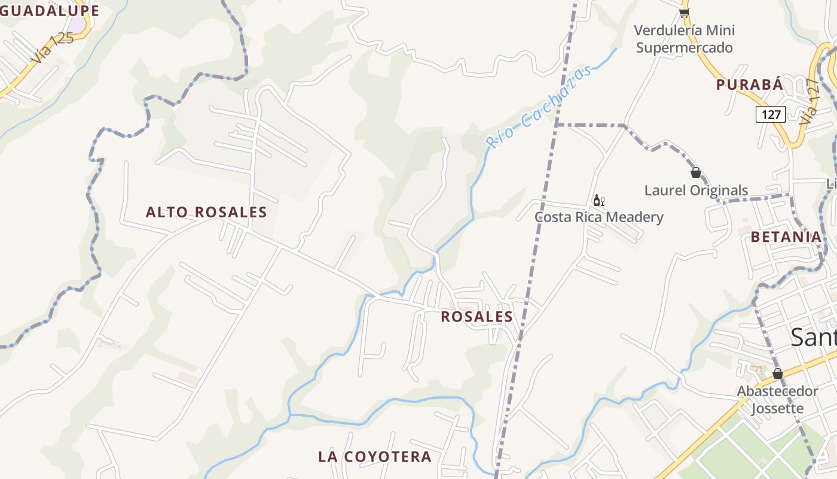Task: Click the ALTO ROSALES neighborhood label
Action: point(206,212)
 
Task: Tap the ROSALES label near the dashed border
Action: point(476,317)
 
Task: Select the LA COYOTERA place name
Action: point(375,456)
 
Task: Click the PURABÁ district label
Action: point(750,84)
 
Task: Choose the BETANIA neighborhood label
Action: point(786,237)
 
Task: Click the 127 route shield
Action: point(770,114)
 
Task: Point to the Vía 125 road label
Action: point(53,47)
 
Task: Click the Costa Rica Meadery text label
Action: point(599,217)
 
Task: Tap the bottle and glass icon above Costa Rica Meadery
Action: point(598,200)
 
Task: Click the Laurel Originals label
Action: point(696,190)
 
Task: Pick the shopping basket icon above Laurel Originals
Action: point(695,173)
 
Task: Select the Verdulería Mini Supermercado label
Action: point(685,39)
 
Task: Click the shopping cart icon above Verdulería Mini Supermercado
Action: point(684,13)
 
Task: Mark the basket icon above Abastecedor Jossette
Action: point(777,374)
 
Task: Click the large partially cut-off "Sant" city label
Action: point(813,338)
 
